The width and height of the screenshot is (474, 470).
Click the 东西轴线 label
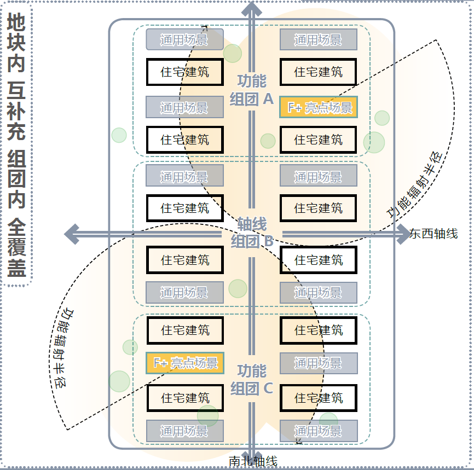(433, 234)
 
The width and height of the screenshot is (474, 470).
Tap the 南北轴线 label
(253, 461)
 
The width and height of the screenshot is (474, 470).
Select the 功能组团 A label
(252, 90)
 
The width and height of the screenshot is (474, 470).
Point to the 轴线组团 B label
(252, 233)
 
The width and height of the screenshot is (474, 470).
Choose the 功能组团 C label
(252, 379)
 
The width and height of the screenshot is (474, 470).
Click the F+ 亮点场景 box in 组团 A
(319, 107)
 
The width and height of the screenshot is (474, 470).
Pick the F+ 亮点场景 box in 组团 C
(185, 363)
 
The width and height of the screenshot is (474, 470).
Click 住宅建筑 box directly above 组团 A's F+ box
(319, 72)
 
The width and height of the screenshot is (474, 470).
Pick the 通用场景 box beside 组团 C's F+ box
(319, 363)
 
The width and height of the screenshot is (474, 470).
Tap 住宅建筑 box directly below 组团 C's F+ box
(185, 398)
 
